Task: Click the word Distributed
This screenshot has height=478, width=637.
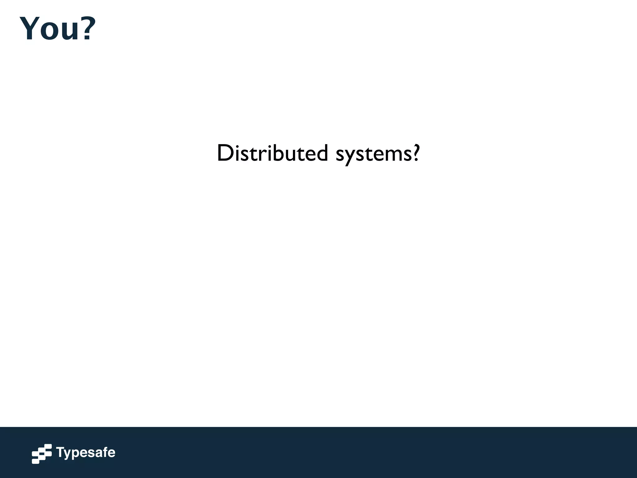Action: point(272,153)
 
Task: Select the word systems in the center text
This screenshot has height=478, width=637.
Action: point(374,154)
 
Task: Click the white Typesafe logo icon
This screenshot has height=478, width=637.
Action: point(42,454)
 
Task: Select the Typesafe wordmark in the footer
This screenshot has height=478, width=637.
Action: point(86,453)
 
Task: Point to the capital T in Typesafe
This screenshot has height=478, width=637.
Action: point(60,452)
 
